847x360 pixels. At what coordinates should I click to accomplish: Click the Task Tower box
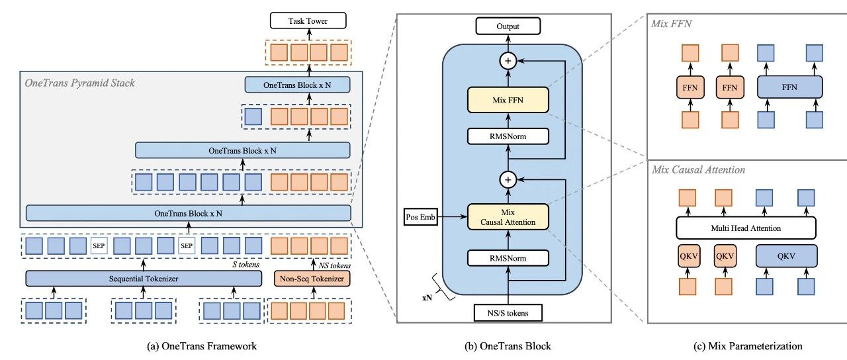coord(308,21)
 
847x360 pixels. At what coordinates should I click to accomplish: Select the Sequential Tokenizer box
coord(144,279)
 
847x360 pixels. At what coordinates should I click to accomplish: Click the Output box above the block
coord(508,26)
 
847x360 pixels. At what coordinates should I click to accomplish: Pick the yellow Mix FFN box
coord(508,101)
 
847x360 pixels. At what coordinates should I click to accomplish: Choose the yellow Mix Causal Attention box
coord(508,216)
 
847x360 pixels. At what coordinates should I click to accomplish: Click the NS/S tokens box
coord(508,312)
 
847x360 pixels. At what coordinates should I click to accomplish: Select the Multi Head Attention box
coord(746,228)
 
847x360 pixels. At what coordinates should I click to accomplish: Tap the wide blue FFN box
coord(788,86)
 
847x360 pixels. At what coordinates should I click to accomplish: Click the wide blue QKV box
coord(787,256)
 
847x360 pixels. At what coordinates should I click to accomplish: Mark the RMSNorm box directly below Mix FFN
coord(508,136)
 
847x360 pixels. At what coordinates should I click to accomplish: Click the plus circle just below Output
coord(508,61)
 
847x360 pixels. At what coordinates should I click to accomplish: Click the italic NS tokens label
coord(330,265)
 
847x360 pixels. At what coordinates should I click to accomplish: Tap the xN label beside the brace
coord(428,298)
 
